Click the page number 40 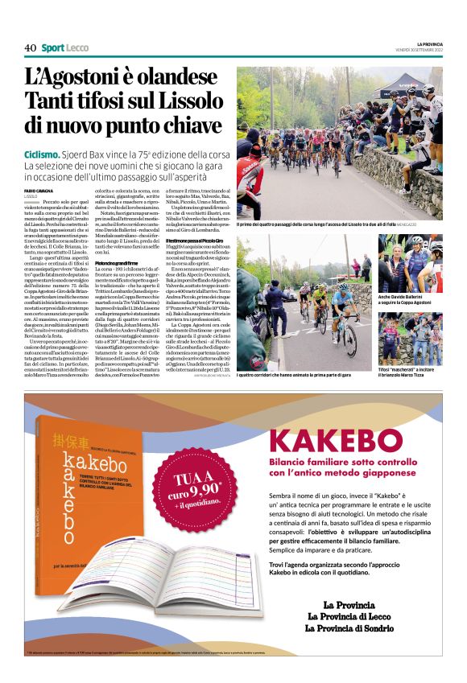click(x=30, y=47)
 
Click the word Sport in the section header click(x=53, y=47)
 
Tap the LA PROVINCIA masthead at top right click(x=429, y=43)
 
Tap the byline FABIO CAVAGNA click(x=39, y=190)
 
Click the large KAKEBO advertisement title click(x=323, y=442)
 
